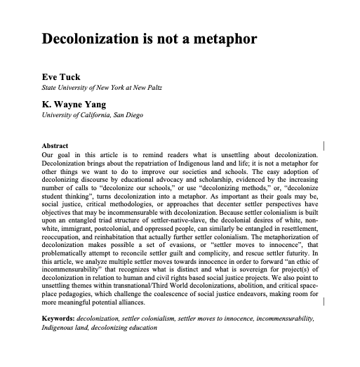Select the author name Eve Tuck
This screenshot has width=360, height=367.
(x=62, y=78)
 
